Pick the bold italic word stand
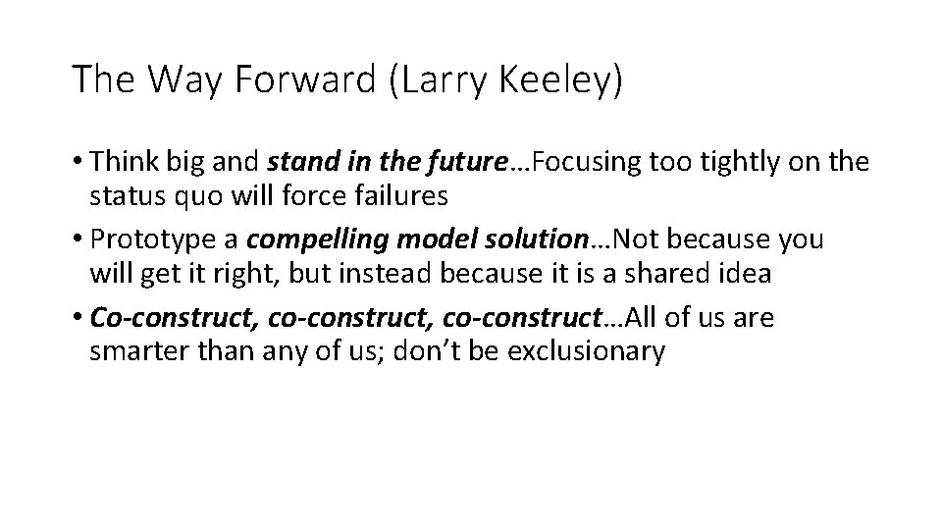click(298, 161)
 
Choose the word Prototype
click(150, 239)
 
